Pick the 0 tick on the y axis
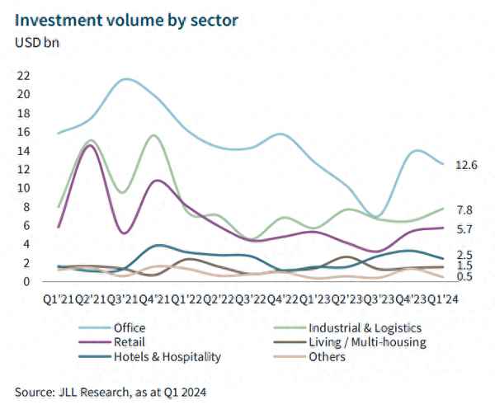point(26,281)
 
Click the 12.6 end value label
point(467,165)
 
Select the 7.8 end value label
point(464,210)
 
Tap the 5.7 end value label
point(464,230)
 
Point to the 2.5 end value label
point(464,256)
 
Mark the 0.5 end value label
point(464,276)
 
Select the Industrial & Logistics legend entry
point(363,327)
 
